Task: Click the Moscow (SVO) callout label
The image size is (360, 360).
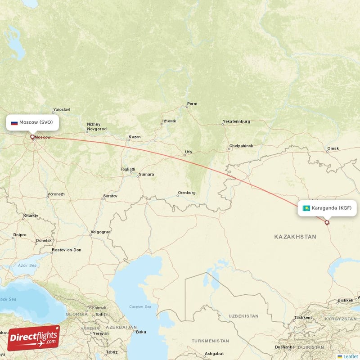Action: point(32,122)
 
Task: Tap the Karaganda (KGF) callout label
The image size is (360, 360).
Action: point(327,208)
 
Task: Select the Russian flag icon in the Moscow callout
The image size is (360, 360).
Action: point(14,122)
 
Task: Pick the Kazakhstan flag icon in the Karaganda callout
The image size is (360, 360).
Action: point(306,208)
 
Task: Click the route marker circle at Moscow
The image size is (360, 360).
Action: point(32,137)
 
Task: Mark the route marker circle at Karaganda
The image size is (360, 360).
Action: point(327,222)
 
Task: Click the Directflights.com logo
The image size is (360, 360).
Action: point(33,338)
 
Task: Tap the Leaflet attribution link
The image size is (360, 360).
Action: point(350,356)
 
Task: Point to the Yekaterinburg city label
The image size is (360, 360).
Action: point(236,121)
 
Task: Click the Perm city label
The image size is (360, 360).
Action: point(192,104)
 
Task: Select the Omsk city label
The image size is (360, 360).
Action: point(333,148)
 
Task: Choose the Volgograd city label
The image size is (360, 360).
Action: point(100,232)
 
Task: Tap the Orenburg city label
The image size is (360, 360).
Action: point(187,193)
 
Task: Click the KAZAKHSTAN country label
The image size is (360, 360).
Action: point(295,236)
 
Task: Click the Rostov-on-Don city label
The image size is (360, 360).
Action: point(67,250)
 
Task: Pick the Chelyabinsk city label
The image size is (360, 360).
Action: point(241,146)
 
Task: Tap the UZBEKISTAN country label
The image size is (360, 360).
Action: point(243,316)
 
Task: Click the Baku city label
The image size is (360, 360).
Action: point(141,332)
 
